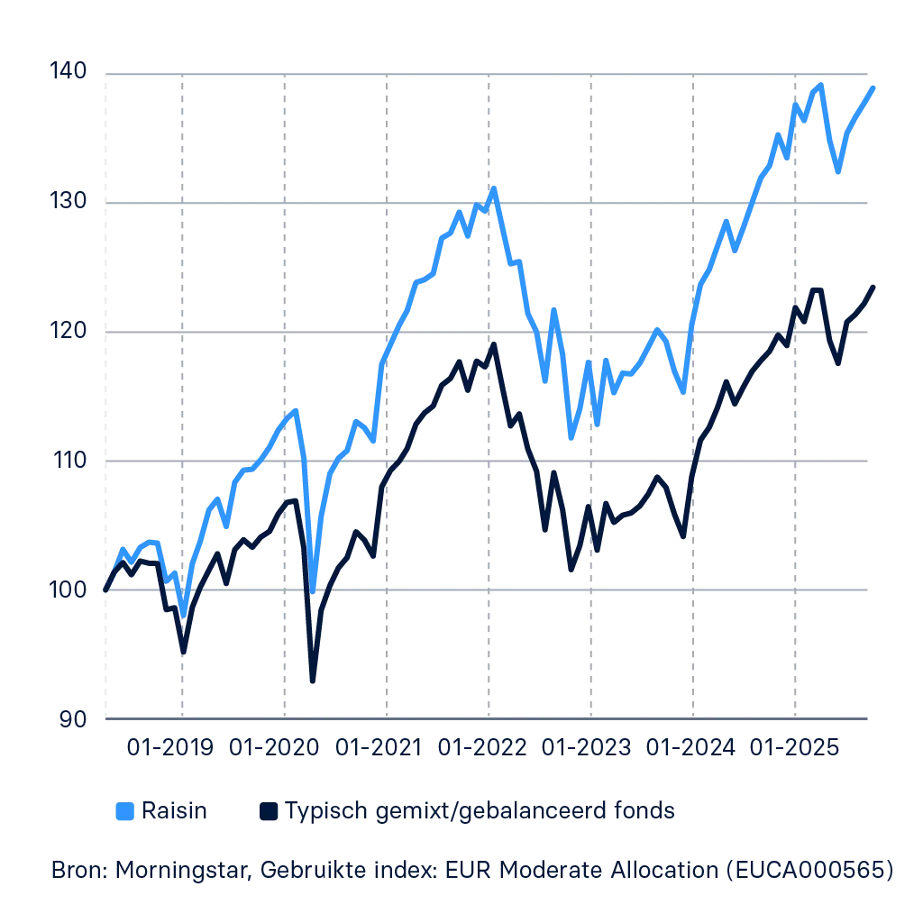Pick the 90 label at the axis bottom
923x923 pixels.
click(x=73, y=718)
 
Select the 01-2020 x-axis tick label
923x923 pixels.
click(x=274, y=747)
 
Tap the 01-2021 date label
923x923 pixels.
click(x=377, y=747)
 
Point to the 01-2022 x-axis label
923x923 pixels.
click(x=479, y=747)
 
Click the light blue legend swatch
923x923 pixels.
click(x=126, y=811)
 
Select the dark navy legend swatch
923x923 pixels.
click(x=270, y=811)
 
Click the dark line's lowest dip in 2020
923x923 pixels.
click(x=311, y=681)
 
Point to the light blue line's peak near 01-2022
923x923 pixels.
click(x=492, y=187)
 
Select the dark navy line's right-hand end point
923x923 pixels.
click(x=875, y=286)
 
